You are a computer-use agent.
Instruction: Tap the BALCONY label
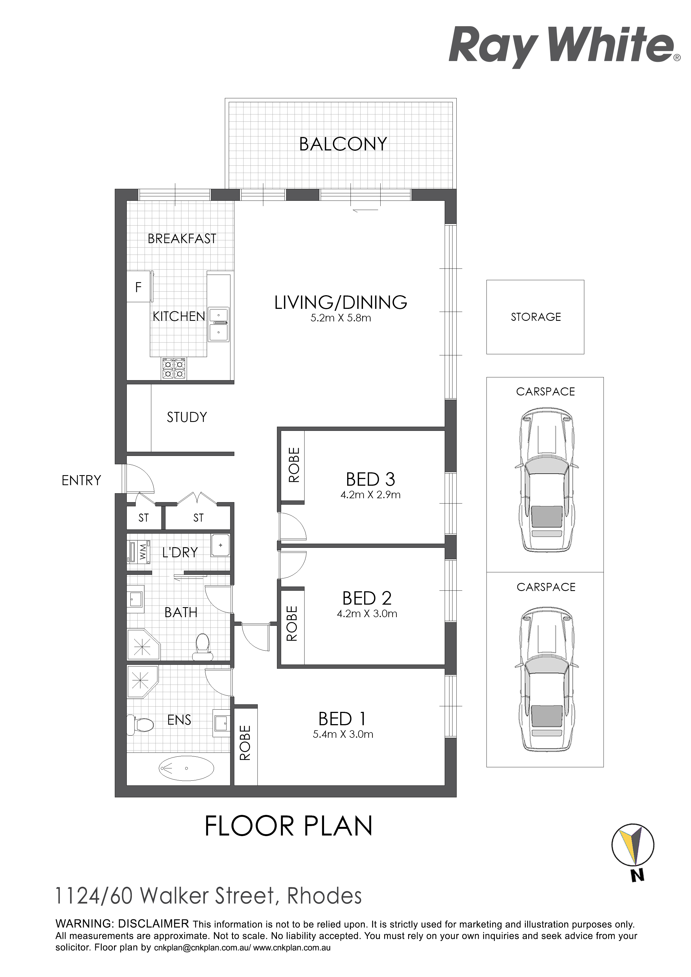tap(343, 144)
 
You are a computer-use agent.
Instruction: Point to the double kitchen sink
tap(218, 324)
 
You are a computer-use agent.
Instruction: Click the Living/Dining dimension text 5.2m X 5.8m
tap(340, 318)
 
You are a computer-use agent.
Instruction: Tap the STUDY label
tap(187, 417)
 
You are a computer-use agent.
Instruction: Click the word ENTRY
tap(81, 480)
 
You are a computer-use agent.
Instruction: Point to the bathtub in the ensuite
tap(186, 768)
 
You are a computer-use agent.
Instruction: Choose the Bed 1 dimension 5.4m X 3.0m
tap(343, 734)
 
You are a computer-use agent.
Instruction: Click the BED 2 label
tap(367, 598)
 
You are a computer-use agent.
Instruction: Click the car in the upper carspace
tap(547, 480)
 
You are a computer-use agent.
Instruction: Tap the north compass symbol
tap(633, 845)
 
